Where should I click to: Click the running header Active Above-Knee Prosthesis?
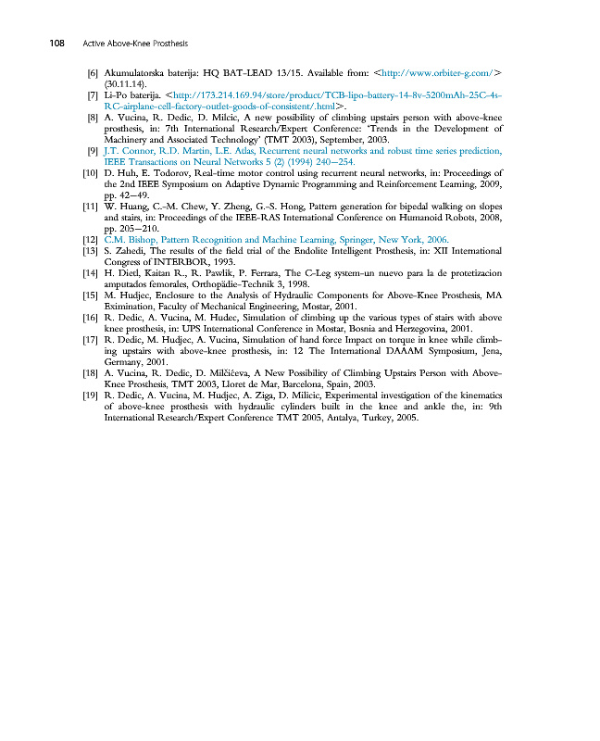pos(135,43)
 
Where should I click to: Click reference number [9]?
pos(93,150)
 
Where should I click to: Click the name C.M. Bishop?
pos(133,239)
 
